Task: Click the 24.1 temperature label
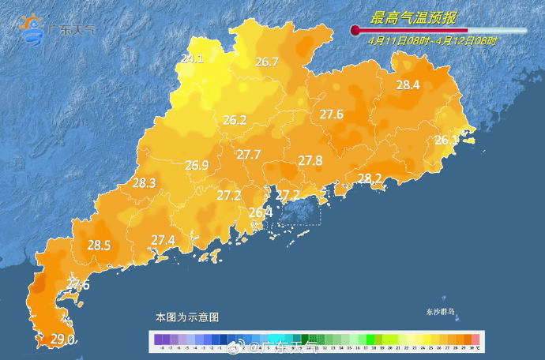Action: coord(192,58)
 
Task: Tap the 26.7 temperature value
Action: coord(267,62)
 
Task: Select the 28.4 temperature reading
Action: coord(408,85)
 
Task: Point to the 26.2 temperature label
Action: coord(235,121)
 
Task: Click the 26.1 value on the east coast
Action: coord(446,141)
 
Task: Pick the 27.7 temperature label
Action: coord(249,155)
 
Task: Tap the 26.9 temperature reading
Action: coord(197,166)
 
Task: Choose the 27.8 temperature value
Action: coord(310,160)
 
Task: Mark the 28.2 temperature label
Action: coord(370,178)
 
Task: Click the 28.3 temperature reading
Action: coord(145,182)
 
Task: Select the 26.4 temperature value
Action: coord(260,212)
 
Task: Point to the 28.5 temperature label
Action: coord(99,246)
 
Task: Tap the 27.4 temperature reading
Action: coord(163,240)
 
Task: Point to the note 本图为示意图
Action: coord(187,317)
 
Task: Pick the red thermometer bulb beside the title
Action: coord(355,30)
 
